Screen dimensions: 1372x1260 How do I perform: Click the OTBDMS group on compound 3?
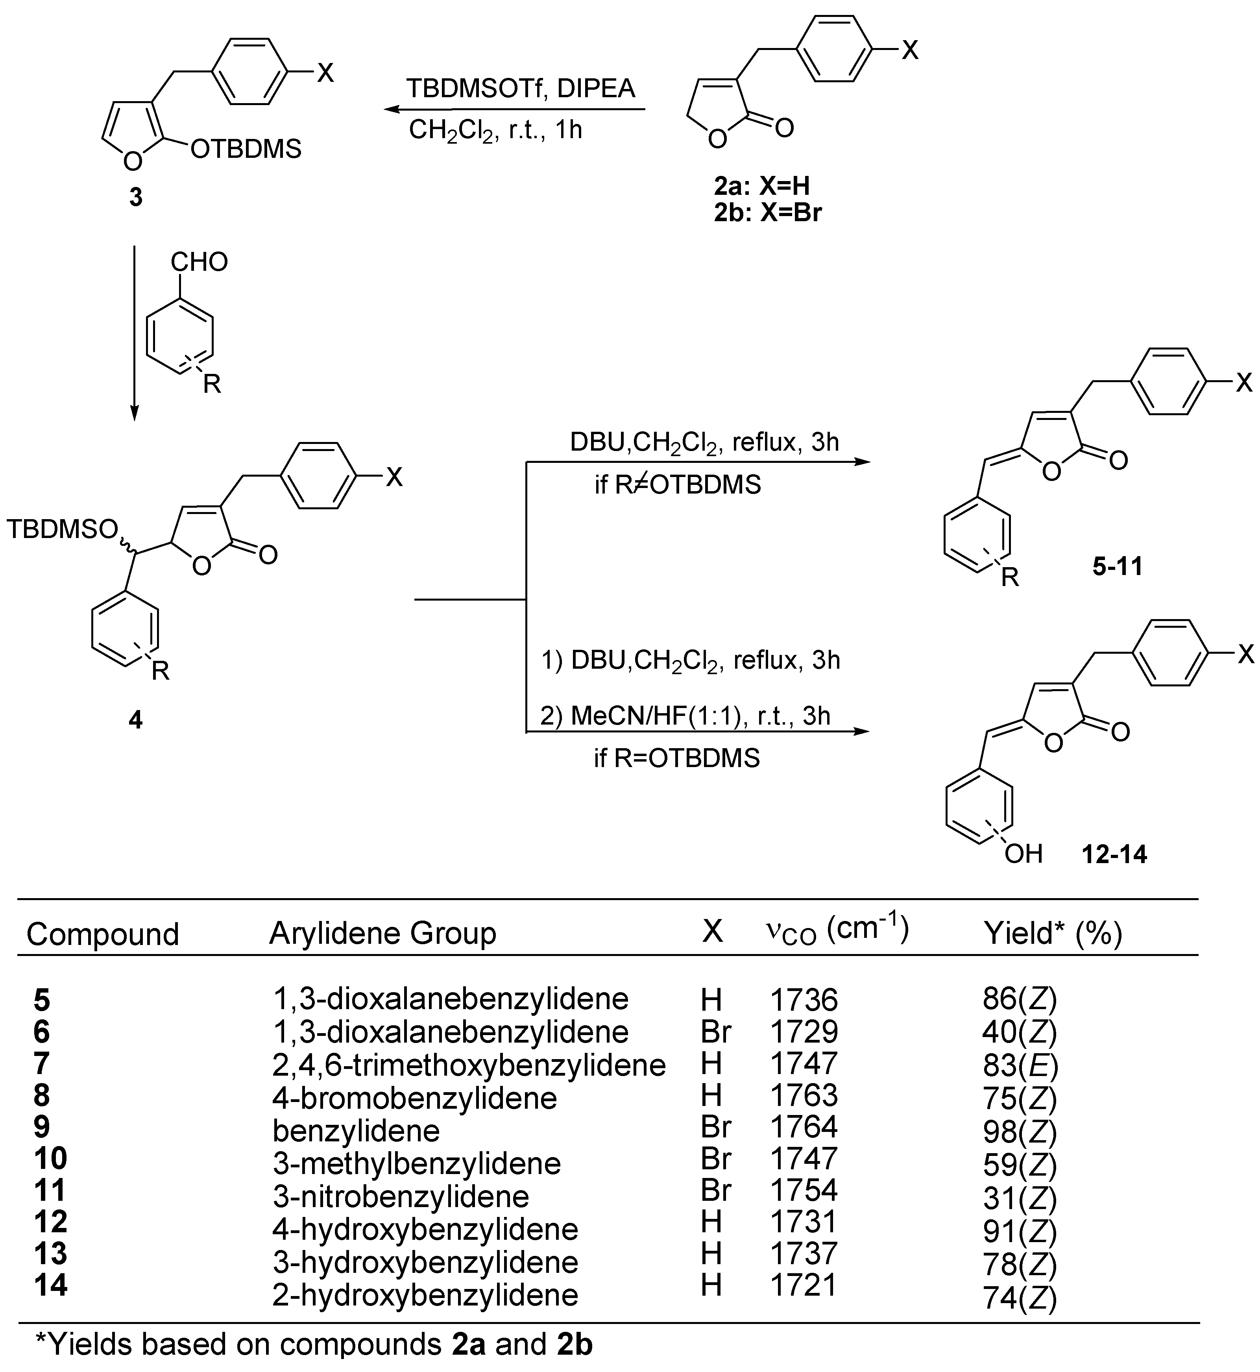pos(246,149)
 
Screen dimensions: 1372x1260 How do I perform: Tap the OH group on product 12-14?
pos(1024,853)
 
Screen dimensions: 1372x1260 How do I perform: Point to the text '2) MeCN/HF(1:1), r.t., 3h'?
pos(685,716)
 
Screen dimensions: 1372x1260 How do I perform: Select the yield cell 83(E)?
pos(1019,1065)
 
